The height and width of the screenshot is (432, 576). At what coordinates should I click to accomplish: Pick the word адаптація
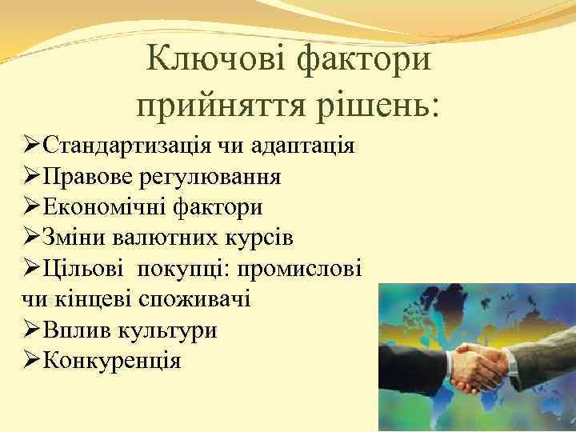click(303, 146)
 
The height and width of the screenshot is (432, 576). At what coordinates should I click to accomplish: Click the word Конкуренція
click(112, 361)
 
